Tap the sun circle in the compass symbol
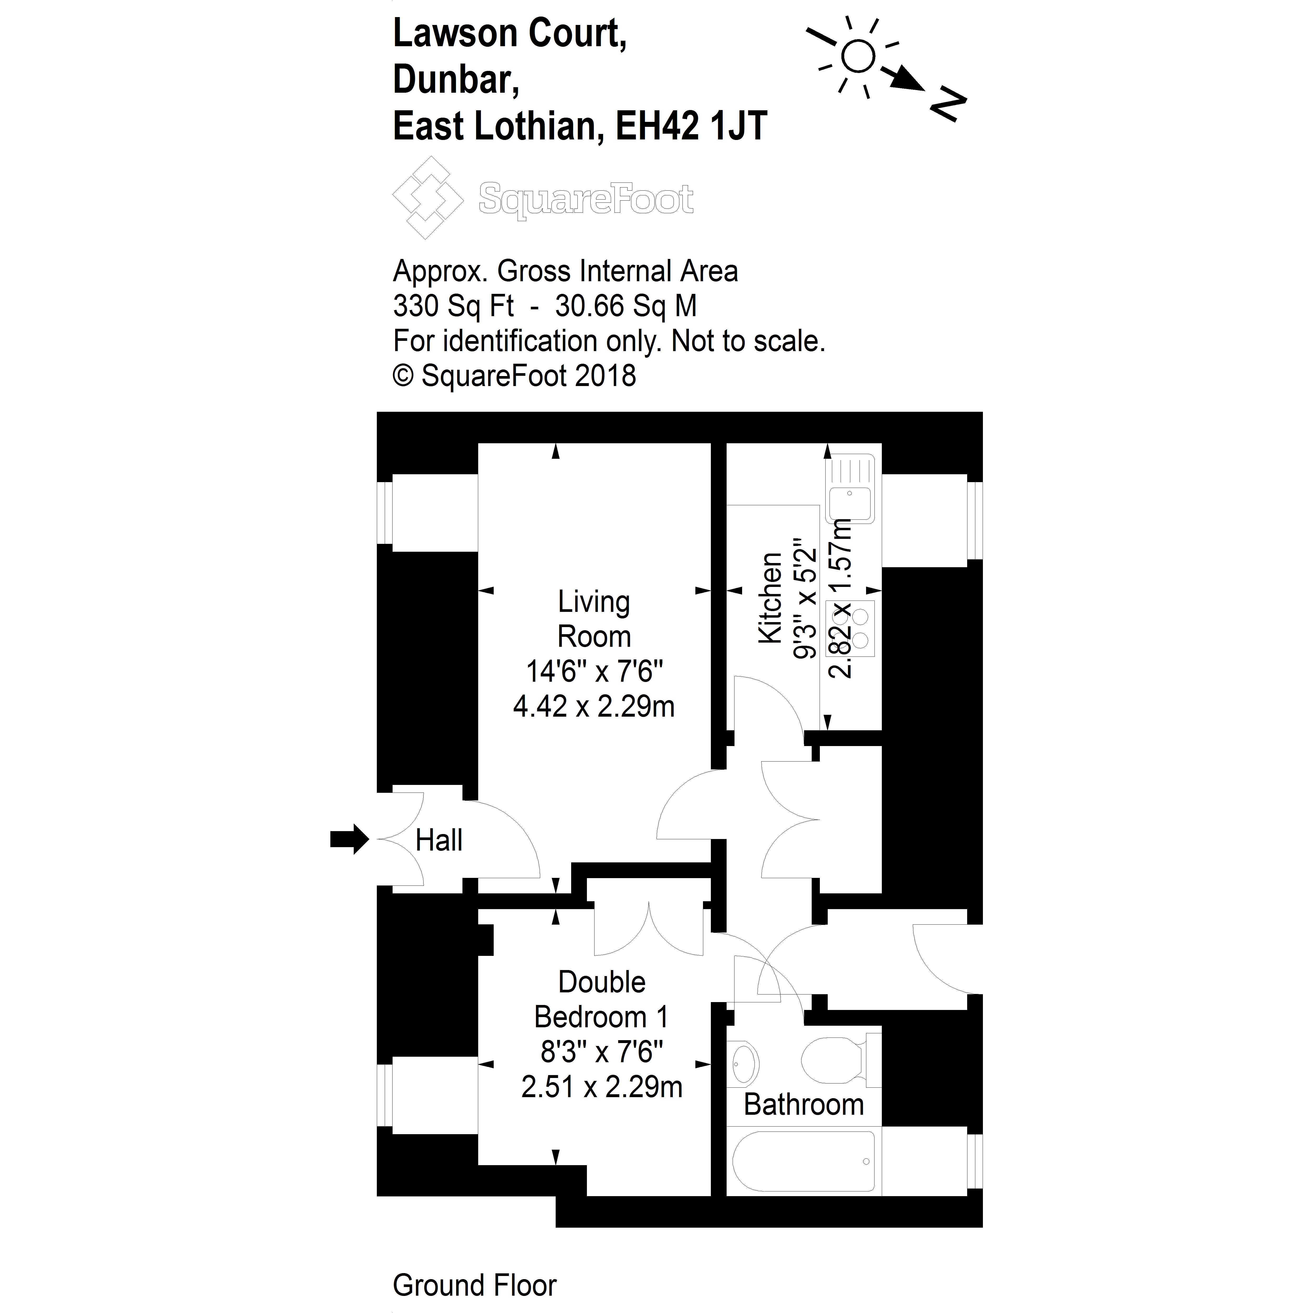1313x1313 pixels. (x=858, y=56)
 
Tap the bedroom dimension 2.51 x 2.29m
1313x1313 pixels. (x=601, y=1087)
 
